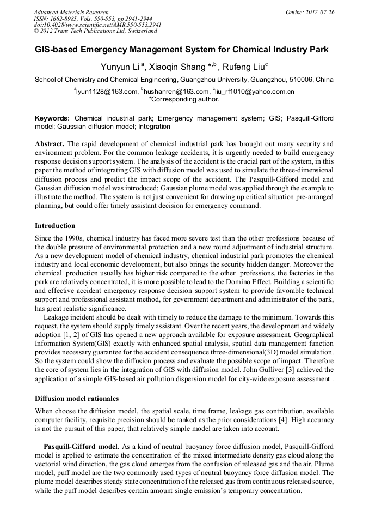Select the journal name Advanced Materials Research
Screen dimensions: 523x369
click(71, 12)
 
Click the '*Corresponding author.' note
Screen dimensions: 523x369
click(184, 99)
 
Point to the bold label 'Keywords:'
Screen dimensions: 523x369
click(52, 118)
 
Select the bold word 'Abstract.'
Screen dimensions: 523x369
click(50, 145)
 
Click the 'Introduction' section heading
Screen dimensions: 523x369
click(55, 225)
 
